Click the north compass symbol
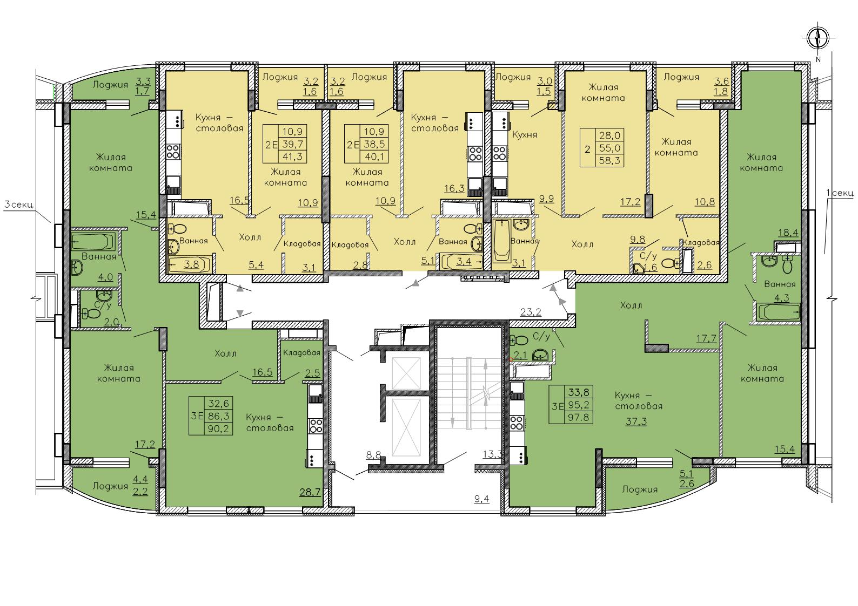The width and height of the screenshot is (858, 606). click(818, 39)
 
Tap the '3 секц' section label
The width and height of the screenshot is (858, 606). click(19, 205)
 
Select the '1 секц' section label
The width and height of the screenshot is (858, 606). click(841, 193)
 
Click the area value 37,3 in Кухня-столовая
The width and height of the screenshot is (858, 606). click(636, 421)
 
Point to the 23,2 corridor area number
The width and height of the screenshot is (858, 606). click(531, 312)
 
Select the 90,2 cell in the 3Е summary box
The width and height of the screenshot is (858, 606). click(218, 428)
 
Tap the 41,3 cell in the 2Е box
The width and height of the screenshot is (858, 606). click(293, 156)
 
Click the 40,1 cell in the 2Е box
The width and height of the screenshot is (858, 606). click(374, 156)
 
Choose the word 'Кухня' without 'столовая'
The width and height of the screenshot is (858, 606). click(525, 135)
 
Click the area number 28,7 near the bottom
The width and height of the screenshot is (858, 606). click(310, 492)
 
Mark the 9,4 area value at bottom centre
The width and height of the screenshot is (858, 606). click(482, 499)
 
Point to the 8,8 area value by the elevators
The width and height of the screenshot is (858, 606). click(373, 455)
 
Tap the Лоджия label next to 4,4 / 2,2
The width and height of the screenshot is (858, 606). click(110, 486)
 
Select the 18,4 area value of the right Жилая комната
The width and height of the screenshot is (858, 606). click(788, 233)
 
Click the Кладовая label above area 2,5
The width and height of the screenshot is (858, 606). click(301, 353)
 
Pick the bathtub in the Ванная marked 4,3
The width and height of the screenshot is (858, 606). click(778, 312)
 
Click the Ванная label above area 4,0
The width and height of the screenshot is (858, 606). click(99, 256)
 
